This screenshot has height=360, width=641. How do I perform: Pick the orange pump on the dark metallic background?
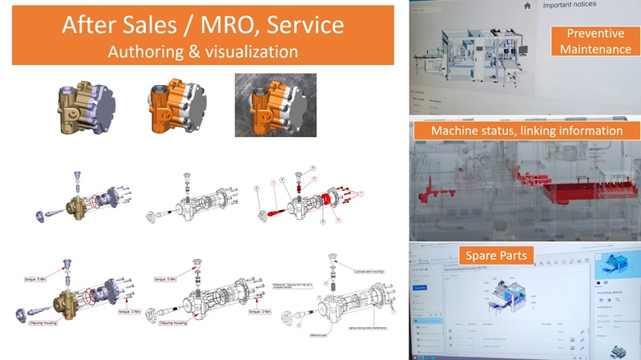(269, 104)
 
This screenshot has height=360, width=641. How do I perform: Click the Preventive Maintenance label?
(595, 42)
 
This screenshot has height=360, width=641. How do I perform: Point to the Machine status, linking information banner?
(526, 130)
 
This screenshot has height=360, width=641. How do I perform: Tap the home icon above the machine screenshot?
(526, 6)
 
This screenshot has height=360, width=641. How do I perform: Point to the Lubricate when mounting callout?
(367, 272)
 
